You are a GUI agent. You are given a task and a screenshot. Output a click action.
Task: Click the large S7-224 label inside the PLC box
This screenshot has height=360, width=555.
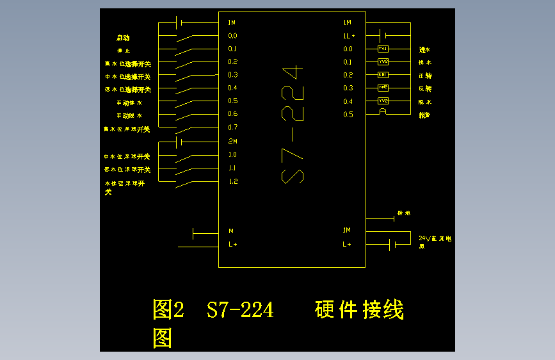coord(293,124)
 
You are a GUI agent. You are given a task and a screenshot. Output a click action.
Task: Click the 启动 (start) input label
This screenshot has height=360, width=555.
coord(123,38)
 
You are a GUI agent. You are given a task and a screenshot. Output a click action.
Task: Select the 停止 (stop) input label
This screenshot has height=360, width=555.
coord(124,51)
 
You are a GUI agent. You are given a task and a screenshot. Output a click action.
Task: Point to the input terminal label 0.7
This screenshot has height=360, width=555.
coord(232,127)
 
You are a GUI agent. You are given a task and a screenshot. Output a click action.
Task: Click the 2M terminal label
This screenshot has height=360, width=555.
coord(232,141)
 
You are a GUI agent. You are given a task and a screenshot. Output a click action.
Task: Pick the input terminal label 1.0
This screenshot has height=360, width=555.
coord(232,154)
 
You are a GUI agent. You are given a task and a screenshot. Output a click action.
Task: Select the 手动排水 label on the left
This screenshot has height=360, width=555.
coord(129,102)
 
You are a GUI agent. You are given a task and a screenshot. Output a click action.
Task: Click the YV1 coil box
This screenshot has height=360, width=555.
coord(383,49)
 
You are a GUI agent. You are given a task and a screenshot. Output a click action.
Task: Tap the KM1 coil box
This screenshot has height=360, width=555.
coord(383,75)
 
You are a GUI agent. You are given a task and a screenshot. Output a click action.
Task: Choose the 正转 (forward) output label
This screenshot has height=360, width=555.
coord(425,76)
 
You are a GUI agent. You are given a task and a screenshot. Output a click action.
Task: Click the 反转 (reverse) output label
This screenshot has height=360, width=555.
coord(425,88)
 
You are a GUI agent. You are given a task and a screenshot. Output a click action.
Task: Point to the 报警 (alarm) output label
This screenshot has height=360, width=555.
coord(424,115)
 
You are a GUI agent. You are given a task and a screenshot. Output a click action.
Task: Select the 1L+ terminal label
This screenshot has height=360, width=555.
coord(349,36)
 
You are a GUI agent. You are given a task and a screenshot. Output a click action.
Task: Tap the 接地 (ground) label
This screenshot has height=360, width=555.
coord(403,213)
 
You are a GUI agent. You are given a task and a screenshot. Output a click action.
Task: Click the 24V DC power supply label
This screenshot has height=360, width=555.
coord(435,241)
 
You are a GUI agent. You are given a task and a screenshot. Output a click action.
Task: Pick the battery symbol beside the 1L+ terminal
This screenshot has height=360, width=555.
coord(383,35)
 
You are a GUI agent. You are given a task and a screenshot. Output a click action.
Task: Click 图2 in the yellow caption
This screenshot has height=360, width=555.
coord(168,310)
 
